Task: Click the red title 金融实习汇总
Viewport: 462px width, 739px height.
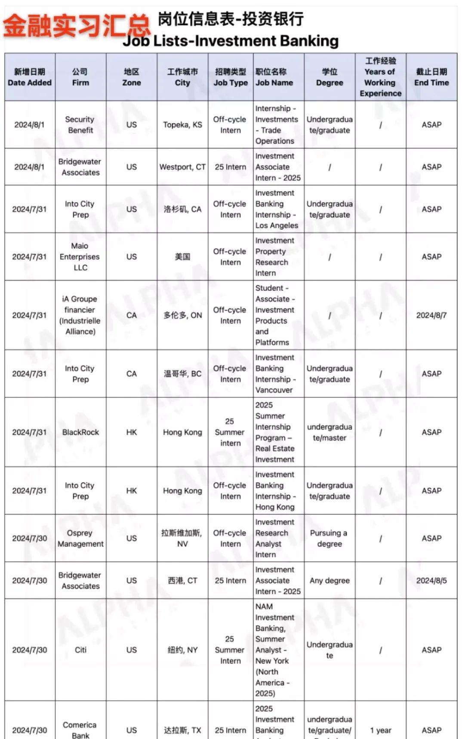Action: click(77, 25)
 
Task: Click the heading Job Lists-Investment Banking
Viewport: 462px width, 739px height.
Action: click(231, 41)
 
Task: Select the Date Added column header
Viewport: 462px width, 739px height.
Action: click(30, 77)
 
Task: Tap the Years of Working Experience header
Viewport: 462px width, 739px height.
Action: click(380, 77)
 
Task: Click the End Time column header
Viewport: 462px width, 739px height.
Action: click(431, 77)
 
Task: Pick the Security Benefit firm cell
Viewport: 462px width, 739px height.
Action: click(80, 125)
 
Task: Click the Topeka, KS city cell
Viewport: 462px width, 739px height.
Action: click(182, 125)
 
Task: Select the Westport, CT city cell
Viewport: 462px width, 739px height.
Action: click(182, 167)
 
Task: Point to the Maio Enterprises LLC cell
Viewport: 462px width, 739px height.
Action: click(80, 257)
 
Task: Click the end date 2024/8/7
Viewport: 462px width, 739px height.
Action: click(431, 315)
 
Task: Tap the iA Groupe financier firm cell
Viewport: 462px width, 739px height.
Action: click(80, 315)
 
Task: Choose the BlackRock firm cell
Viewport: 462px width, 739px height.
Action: click(80, 432)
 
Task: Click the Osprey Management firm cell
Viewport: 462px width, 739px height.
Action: click(80, 538)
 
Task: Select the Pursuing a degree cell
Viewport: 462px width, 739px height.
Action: click(329, 538)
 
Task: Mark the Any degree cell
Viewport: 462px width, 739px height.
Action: click(330, 580)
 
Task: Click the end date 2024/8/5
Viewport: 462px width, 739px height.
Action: click(431, 580)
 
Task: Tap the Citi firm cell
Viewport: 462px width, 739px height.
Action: click(80, 650)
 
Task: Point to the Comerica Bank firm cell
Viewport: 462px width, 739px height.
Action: click(80, 730)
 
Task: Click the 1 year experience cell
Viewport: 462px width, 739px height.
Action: click(381, 730)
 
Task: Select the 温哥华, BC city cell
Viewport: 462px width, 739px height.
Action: click(182, 374)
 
